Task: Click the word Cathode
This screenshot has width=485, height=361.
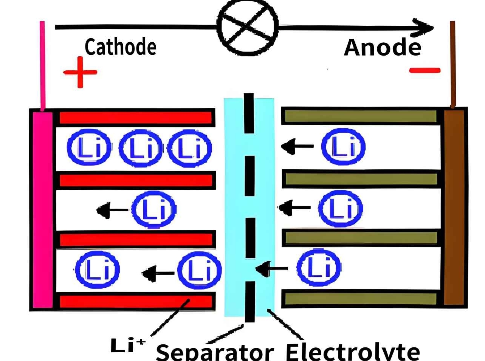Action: click(120, 47)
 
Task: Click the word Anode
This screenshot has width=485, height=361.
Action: click(382, 48)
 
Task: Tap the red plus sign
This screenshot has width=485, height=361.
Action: click(80, 72)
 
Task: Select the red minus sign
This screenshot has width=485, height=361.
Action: click(425, 70)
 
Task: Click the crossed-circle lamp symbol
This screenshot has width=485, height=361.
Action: click(248, 27)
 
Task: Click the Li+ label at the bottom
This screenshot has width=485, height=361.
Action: click(127, 345)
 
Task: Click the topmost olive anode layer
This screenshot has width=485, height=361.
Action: click(361, 116)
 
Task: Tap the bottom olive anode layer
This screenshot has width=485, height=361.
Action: click(361, 299)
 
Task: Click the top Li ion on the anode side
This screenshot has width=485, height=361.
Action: click(343, 147)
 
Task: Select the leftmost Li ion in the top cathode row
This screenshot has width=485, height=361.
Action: click(89, 147)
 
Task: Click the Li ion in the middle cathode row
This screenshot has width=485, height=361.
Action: click(153, 209)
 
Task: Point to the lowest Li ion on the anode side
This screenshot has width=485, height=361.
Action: click(319, 267)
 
